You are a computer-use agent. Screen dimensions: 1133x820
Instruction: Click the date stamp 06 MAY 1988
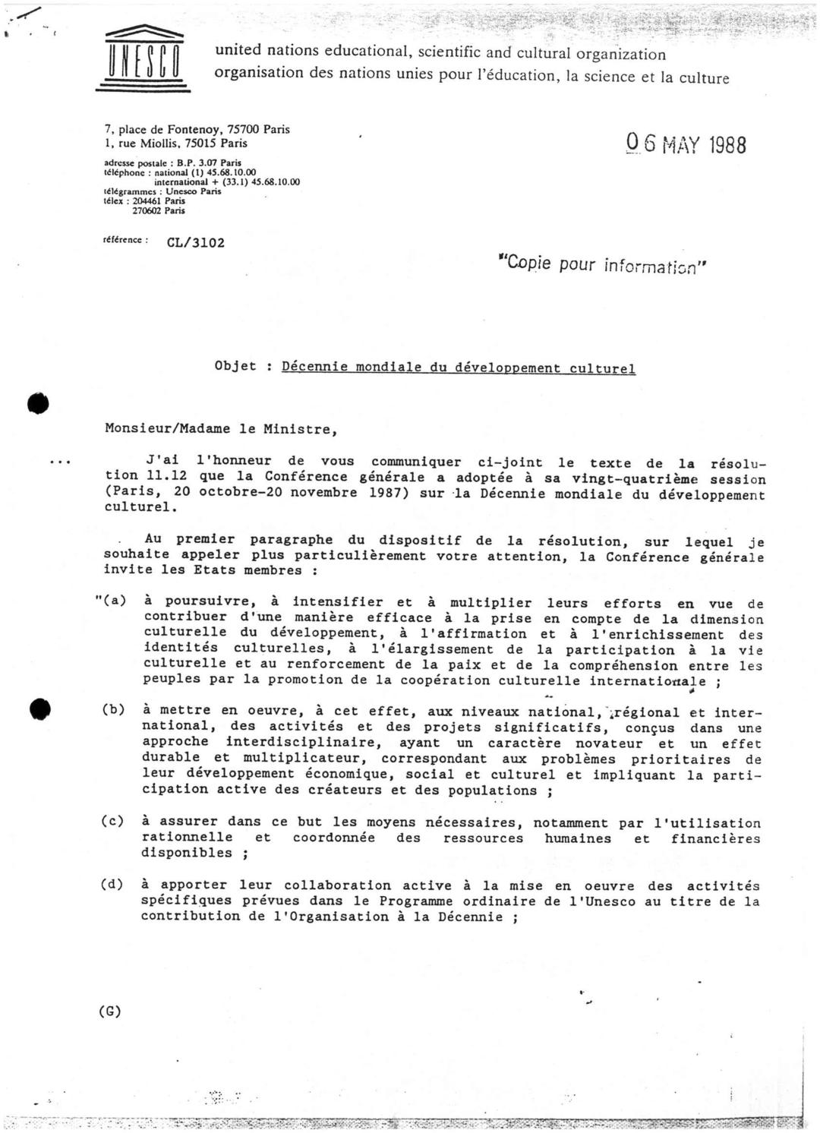click(686, 144)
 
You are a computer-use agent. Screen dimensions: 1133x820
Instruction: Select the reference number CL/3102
click(196, 243)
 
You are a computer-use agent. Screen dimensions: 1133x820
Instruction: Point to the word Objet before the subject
click(235, 366)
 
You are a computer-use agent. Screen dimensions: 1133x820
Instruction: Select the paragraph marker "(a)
click(111, 601)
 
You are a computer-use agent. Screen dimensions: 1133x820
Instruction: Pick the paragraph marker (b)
click(113, 709)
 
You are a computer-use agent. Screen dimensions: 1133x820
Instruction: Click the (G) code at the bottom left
click(110, 1011)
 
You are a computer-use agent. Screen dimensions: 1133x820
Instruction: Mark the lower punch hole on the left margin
click(39, 709)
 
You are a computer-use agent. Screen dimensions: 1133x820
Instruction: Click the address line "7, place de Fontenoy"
click(163, 130)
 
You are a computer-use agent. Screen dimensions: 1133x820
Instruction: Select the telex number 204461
click(148, 201)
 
